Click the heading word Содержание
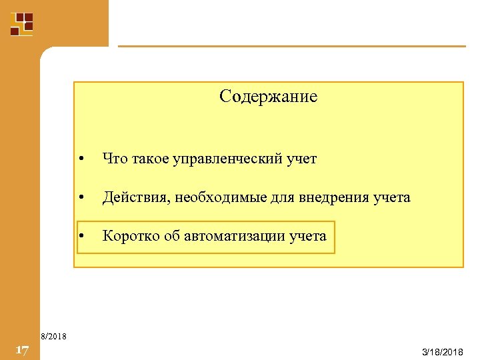click(x=268, y=97)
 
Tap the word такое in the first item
click(x=151, y=159)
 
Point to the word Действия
click(x=132, y=197)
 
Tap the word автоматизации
click(x=235, y=236)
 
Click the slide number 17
click(x=21, y=350)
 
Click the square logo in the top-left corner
click(x=21, y=23)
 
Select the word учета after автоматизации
click(x=308, y=236)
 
